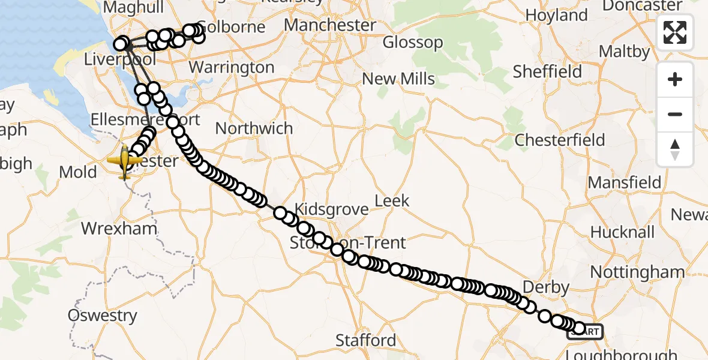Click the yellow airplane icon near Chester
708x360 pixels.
[x=125, y=161]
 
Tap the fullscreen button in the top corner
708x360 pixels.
[x=675, y=32]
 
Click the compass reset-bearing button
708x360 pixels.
[x=675, y=149]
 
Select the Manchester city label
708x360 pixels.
[x=330, y=25]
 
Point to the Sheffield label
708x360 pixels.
[x=547, y=71]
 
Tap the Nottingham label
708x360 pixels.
[x=637, y=272]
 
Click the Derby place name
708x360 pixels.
[x=546, y=287]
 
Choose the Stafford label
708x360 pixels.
[x=366, y=340]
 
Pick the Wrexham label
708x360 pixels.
[x=119, y=229]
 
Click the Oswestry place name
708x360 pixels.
[x=103, y=316]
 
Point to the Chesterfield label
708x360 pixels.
[x=560, y=140]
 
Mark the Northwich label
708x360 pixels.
[x=254, y=128]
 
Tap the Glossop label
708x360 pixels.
[x=413, y=43]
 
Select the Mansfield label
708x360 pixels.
[x=625, y=182]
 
